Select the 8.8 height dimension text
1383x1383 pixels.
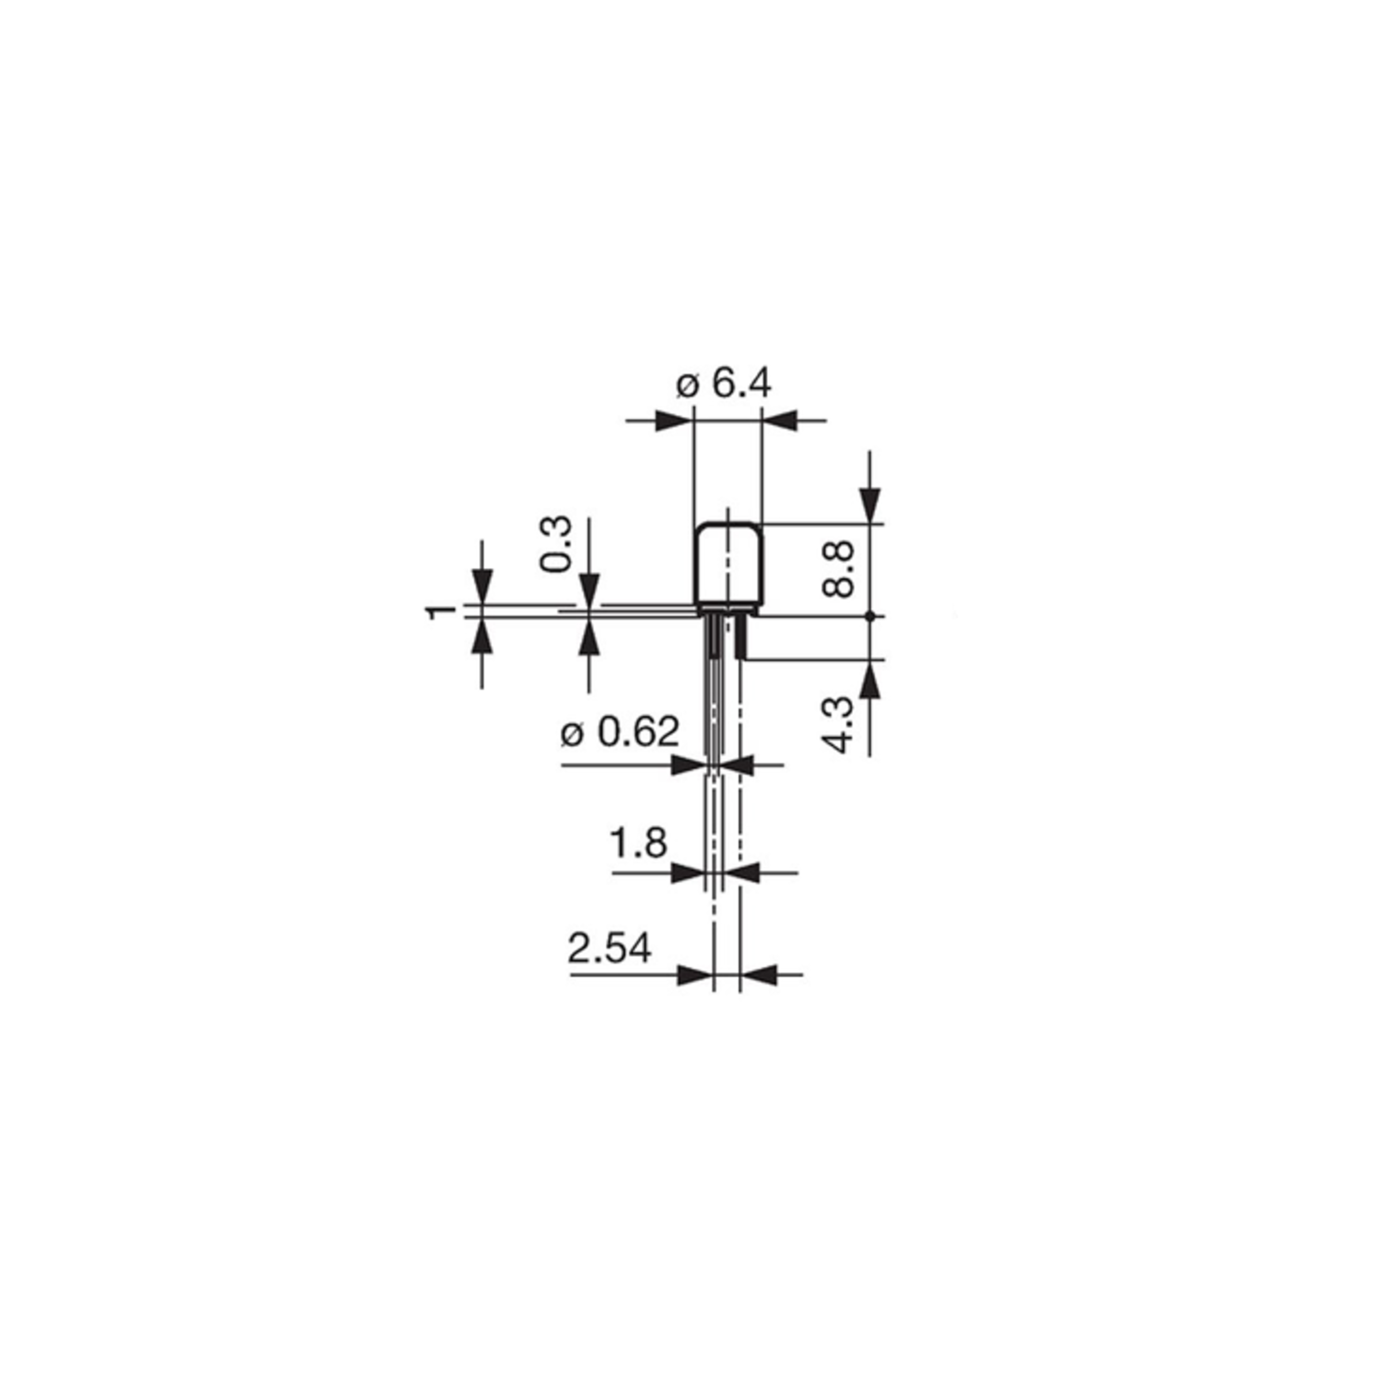[838, 569]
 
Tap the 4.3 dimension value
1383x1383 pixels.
[840, 725]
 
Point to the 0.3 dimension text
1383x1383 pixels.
[556, 543]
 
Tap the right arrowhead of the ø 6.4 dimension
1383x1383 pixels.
[780, 420]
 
